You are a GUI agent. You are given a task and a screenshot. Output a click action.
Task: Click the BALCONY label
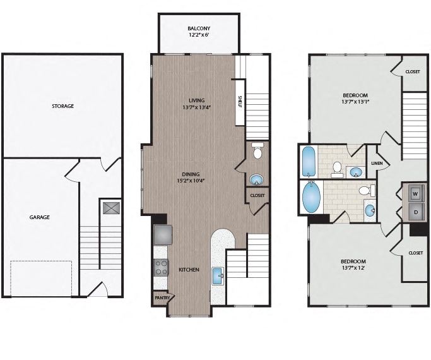click(199, 28)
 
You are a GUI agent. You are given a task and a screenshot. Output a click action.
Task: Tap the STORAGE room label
click(63, 106)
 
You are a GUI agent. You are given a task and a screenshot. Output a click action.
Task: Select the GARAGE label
click(40, 217)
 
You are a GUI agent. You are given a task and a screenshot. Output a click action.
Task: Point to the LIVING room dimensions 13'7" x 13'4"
click(196, 107)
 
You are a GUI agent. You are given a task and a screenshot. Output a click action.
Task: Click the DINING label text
click(191, 174)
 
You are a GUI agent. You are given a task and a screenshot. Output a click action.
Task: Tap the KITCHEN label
click(189, 270)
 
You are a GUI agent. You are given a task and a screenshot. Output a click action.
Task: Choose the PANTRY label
click(162, 298)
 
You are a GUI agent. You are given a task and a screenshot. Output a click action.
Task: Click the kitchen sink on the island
click(218, 277)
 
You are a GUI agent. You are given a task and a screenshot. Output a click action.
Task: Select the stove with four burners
click(161, 268)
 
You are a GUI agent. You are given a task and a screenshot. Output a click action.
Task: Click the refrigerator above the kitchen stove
click(163, 235)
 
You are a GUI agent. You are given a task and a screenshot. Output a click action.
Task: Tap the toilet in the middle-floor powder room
click(257, 150)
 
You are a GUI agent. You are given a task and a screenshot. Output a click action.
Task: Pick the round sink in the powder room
click(257, 180)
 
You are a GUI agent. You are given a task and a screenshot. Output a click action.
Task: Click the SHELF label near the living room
click(240, 102)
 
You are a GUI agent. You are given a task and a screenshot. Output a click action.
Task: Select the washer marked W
click(415, 194)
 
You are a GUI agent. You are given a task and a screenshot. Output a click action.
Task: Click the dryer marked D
click(416, 212)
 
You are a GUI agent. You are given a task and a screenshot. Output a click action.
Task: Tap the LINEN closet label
click(377, 163)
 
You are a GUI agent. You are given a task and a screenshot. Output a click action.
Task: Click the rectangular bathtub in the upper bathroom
click(309, 162)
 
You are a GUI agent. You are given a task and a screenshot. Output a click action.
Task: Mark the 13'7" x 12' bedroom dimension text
click(353, 268)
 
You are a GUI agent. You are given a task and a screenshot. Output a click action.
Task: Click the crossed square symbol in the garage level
click(111, 208)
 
